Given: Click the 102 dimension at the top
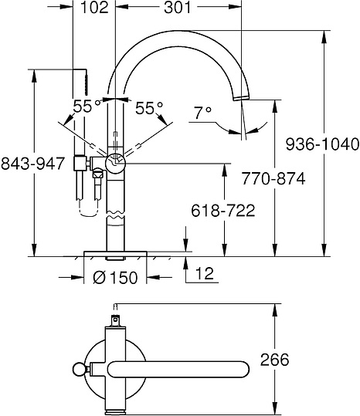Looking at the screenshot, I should (95, 9).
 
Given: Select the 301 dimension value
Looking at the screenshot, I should (178, 9).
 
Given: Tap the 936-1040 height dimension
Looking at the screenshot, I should (321, 144).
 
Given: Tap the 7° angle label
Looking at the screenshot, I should (203, 112).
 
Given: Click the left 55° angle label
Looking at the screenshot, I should (85, 107).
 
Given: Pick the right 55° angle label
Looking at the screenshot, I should (150, 107).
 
